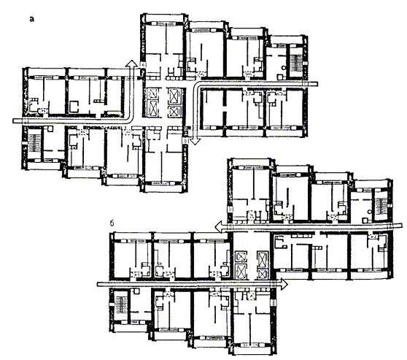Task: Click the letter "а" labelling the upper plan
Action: click(32, 19)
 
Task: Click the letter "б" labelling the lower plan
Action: click(112, 223)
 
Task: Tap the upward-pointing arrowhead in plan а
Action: click(131, 63)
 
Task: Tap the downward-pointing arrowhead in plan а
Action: click(195, 142)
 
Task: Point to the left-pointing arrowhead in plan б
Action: click(218, 226)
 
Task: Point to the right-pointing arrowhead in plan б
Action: click(284, 284)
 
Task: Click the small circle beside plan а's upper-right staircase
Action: click(284, 68)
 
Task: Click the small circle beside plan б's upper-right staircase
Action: click(370, 212)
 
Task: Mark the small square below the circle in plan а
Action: click(280, 77)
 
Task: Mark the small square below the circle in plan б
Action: click(365, 221)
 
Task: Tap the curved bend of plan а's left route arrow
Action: click(130, 118)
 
